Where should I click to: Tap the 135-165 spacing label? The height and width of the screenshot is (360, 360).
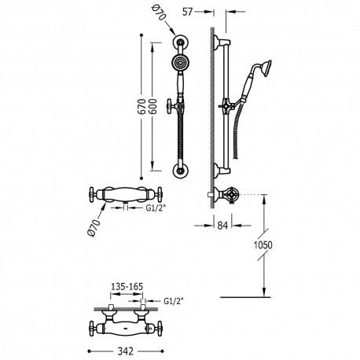click(123, 288)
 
